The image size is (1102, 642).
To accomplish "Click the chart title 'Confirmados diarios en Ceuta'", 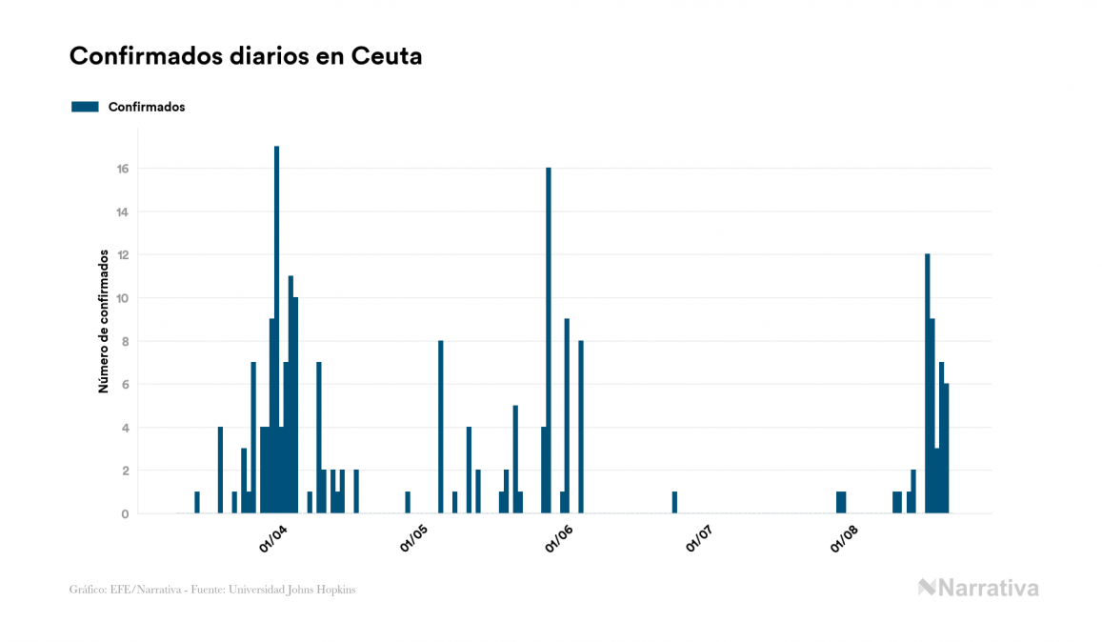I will (246, 56).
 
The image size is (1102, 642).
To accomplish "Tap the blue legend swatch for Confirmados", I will (85, 107).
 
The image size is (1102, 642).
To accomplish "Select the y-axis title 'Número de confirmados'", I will (103, 322).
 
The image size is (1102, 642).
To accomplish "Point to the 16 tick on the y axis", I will (123, 169).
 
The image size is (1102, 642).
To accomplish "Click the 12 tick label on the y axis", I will (123, 255).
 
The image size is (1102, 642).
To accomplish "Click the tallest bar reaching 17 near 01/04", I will (276, 330).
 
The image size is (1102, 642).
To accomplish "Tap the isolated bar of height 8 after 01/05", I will (441, 427).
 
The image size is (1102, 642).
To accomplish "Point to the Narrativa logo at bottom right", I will (978, 588).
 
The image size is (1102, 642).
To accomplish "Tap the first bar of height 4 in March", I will (220, 470).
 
